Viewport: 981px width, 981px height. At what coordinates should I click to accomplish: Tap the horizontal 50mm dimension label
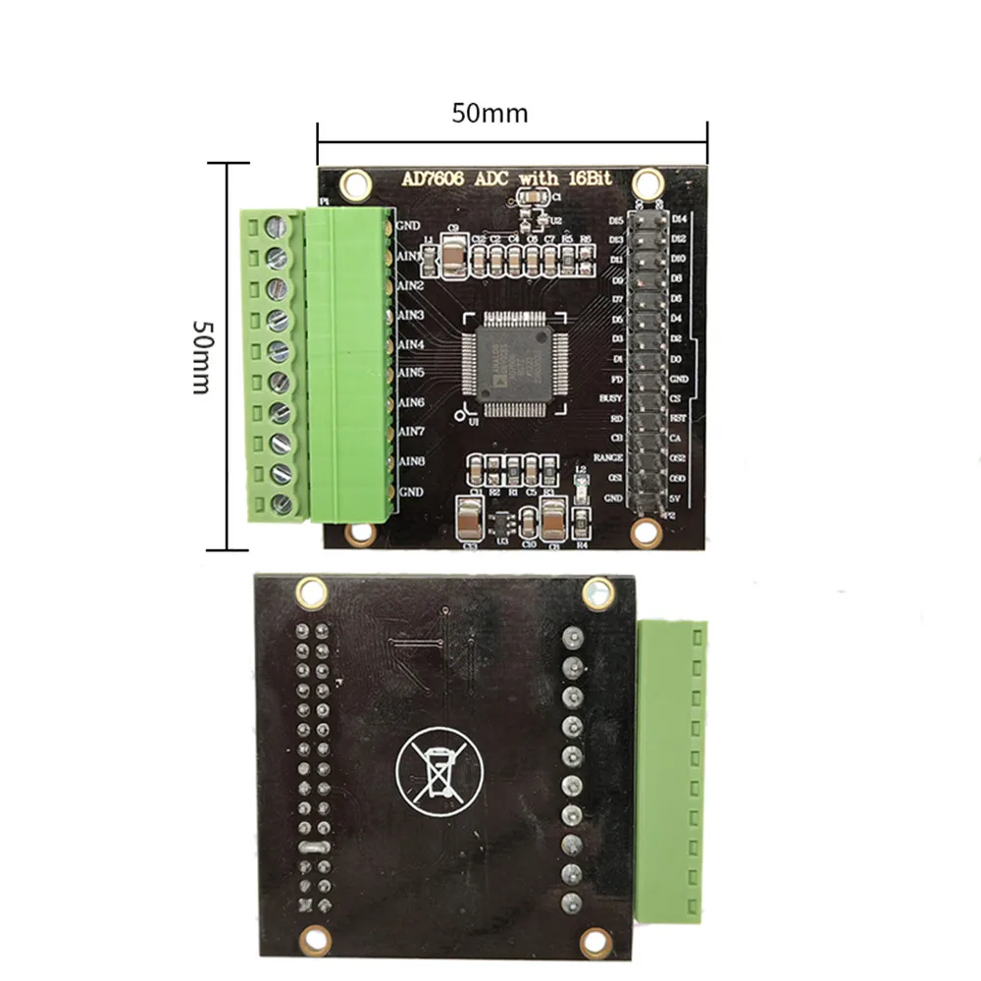click(x=490, y=114)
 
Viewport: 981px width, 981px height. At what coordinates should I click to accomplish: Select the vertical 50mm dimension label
click(x=200, y=356)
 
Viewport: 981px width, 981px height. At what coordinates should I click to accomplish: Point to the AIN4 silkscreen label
click(x=410, y=345)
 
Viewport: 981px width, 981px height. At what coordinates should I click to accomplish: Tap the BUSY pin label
click(x=610, y=399)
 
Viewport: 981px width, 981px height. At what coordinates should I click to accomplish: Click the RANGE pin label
click(x=608, y=458)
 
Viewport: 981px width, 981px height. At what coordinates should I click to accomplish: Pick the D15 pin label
click(x=616, y=221)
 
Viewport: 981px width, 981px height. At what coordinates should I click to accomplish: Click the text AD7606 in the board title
click(x=436, y=179)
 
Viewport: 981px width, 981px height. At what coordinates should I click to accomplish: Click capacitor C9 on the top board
click(x=452, y=255)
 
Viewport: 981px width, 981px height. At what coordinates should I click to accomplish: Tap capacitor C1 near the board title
click(x=531, y=200)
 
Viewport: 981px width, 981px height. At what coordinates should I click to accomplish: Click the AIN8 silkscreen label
click(x=410, y=461)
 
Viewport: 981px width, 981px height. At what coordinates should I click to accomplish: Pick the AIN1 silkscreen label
click(x=410, y=256)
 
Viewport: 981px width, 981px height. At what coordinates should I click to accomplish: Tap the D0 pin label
click(x=676, y=359)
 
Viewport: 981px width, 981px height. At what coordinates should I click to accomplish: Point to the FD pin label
click(x=615, y=379)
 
